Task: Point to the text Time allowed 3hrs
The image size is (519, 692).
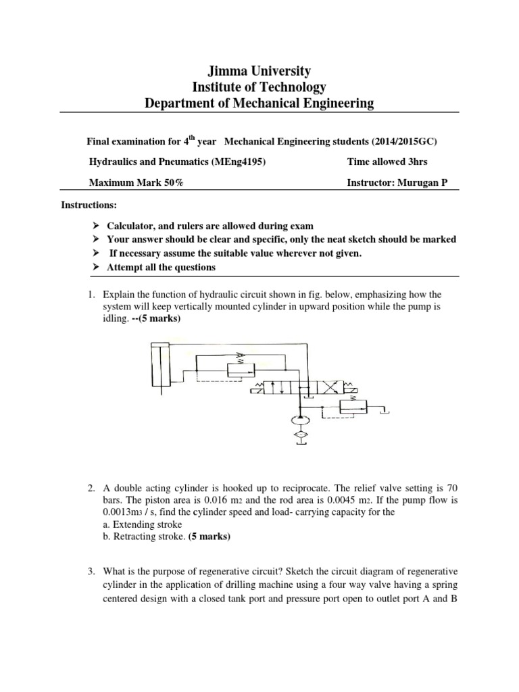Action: [x=387, y=162]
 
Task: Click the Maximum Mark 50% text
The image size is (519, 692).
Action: [x=136, y=183]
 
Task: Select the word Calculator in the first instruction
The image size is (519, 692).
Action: [x=130, y=225]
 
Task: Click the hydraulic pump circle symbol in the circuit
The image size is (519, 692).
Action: [x=297, y=422]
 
